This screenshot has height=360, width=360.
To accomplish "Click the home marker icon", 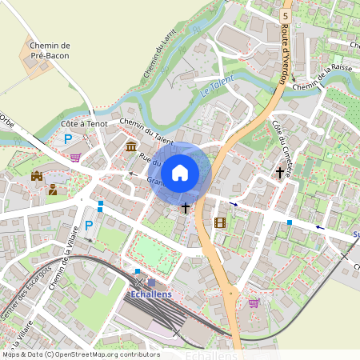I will (180, 172).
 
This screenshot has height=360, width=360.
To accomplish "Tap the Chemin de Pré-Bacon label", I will (49, 51).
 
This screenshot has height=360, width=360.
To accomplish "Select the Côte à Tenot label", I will (83, 124).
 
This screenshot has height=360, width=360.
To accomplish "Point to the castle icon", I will (37, 175).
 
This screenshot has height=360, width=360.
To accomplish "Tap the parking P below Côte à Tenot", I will (69, 139).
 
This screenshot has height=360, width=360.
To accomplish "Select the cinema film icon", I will (220, 222).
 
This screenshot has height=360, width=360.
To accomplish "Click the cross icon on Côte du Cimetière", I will (280, 172).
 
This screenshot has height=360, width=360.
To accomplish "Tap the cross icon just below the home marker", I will (186, 208).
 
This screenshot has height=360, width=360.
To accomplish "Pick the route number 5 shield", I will (285, 15).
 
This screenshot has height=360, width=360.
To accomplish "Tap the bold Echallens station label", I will (151, 294).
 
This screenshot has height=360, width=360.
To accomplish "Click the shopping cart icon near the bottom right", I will (254, 302).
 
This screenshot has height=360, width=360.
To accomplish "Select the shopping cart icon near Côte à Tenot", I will (75, 157).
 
